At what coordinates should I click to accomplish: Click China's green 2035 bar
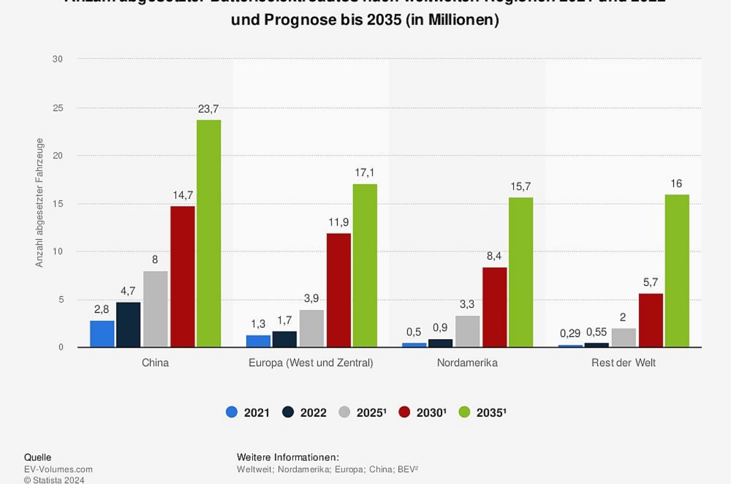pyautogui.click(x=209, y=233)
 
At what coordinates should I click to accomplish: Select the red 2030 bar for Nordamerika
pyautogui.click(x=494, y=307)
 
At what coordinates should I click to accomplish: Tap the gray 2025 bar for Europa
pyautogui.click(x=311, y=328)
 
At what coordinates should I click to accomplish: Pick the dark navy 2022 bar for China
pyautogui.click(x=128, y=324)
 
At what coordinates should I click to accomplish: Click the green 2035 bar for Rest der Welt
pyautogui.click(x=677, y=271)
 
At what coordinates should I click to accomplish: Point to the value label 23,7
pyautogui.click(x=208, y=109)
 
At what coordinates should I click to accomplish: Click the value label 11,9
pyautogui.click(x=338, y=222)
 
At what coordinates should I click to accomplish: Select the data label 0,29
pyautogui.click(x=570, y=333)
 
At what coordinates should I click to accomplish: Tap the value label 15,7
pyautogui.click(x=520, y=186)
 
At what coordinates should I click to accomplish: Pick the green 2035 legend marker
pyautogui.click(x=464, y=412)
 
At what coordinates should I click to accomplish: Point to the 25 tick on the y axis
pyautogui.click(x=58, y=108)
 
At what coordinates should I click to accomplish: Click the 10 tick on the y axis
pyautogui.click(x=58, y=251)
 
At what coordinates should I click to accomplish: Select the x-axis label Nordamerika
pyautogui.click(x=467, y=363)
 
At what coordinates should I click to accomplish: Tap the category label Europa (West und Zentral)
pyautogui.click(x=310, y=363)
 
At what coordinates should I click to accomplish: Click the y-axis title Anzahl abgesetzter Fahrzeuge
pyautogui.click(x=39, y=203)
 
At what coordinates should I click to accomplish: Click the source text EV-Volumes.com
pyautogui.click(x=58, y=469)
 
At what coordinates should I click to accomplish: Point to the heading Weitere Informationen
pyautogui.click(x=288, y=457)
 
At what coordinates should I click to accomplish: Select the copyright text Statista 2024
pyautogui.click(x=54, y=480)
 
